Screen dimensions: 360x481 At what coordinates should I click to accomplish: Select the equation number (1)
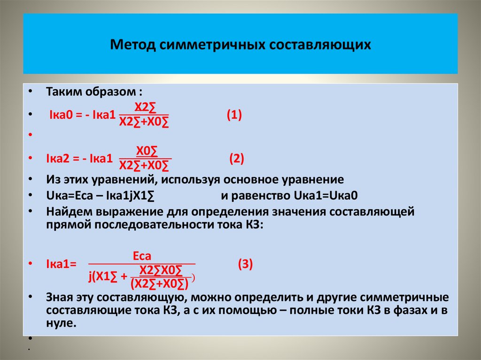(234, 115)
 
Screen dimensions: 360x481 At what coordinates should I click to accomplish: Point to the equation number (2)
(236, 159)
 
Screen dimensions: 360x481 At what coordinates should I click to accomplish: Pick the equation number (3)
(245, 264)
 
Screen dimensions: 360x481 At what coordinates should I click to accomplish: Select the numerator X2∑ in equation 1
(145, 107)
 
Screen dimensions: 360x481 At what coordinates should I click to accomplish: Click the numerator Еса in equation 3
(142, 256)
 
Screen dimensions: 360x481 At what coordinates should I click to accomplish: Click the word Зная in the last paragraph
(58, 298)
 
